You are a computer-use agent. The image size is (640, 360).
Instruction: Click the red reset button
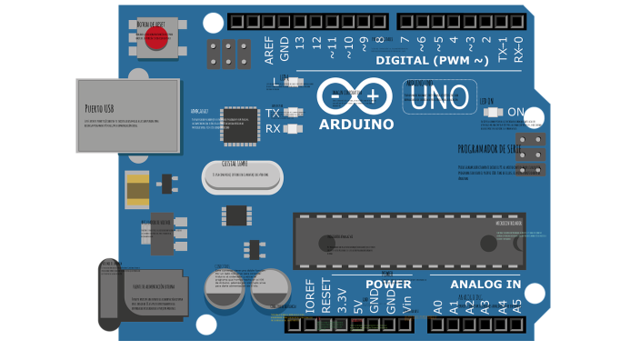click(156, 39)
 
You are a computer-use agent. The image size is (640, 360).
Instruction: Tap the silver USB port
click(128, 115)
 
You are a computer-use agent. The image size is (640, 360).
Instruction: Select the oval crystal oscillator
click(242, 177)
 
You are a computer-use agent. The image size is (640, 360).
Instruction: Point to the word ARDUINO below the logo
click(356, 125)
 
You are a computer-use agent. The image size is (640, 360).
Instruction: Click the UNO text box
click(440, 97)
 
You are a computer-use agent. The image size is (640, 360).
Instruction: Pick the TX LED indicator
click(293, 113)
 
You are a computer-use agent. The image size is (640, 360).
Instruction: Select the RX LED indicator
click(293, 129)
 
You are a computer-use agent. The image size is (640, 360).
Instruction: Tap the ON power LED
click(493, 113)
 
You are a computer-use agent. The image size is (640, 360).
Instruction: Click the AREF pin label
click(269, 50)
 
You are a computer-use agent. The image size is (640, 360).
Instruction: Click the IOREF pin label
click(310, 296)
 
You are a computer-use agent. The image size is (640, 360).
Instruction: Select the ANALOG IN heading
click(485, 285)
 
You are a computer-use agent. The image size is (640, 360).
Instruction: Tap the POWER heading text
click(388, 285)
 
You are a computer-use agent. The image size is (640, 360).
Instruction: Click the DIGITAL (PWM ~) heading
click(432, 61)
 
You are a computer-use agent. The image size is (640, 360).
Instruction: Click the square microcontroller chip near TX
click(240, 125)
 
